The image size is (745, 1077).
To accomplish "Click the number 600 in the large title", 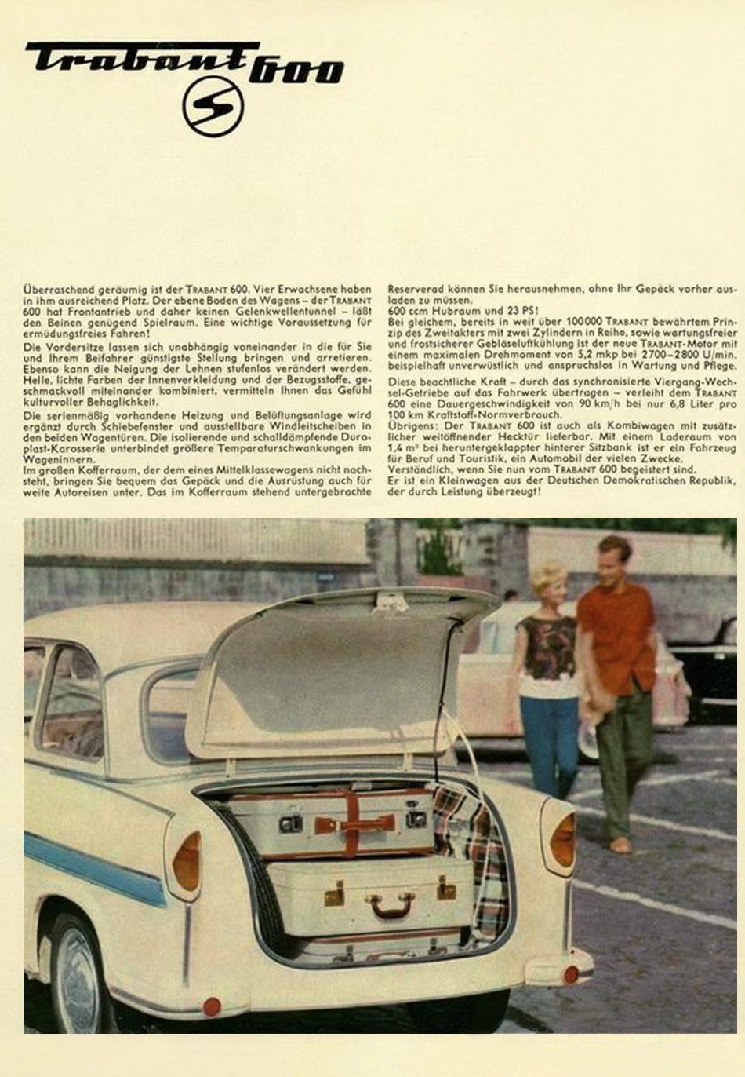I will coord(296,71).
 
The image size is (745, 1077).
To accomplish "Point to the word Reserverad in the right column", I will coord(414,290).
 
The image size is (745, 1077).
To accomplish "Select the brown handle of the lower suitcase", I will coord(391,907).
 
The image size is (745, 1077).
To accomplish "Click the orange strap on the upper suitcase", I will coord(352,823).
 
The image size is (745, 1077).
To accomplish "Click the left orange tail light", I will coord(187,862).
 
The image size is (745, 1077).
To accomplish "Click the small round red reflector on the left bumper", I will coord(212,1006).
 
